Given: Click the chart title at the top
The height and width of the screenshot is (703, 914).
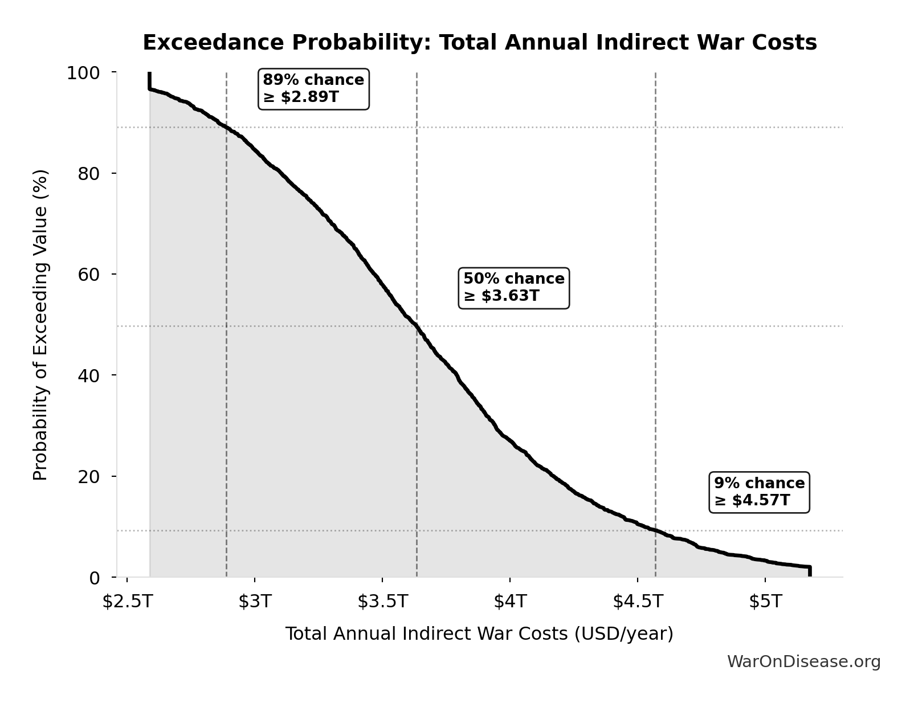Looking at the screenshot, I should (x=479, y=43).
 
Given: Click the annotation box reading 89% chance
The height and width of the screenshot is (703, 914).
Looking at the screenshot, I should (x=313, y=88).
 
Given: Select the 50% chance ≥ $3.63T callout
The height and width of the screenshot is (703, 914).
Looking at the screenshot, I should (x=513, y=288).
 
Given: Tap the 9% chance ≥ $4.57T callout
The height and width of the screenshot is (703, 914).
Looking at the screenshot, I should (x=759, y=492).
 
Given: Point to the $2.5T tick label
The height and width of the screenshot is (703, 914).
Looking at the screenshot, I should (x=127, y=602).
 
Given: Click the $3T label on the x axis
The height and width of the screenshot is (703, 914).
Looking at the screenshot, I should (x=255, y=602).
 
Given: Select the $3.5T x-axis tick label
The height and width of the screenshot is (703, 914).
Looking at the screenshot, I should (x=382, y=602).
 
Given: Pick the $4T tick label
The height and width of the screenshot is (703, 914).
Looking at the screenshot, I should (x=510, y=602).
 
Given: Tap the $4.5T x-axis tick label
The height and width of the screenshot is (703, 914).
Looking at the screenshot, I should (x=638, y=602).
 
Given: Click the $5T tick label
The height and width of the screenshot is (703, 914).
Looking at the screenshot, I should (x=765, y=602).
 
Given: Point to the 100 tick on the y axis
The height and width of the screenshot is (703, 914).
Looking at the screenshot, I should (x=83, y=73).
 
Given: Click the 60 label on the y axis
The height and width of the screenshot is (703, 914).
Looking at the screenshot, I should (x=89, y=275).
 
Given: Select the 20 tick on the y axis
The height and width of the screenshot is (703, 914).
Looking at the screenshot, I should (x=89, y=476).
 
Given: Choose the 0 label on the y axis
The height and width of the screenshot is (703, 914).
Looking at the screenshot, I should (x=95, y=578).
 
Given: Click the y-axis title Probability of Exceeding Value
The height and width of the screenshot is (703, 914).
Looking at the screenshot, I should (x=40, y=325).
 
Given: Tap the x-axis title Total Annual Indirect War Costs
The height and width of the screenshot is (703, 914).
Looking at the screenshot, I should (x=479, y=634).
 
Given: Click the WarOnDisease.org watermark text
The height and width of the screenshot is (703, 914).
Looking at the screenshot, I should (x=803, y=662).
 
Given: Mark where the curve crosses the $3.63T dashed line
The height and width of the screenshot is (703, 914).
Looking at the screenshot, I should (x=417, y=326).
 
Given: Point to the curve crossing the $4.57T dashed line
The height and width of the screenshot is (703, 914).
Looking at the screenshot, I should (x=655, y=530).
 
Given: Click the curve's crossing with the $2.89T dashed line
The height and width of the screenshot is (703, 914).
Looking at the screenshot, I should (x=227, y=128).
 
